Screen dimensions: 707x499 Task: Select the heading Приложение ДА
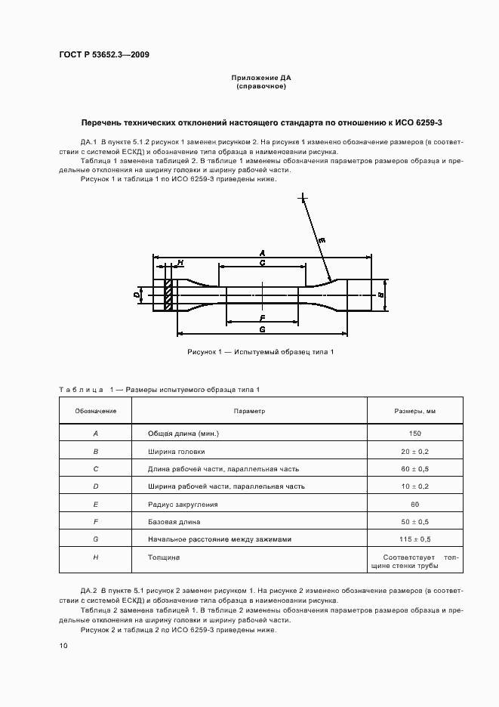click(260, 78)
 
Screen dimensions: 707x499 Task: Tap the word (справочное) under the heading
click(260, 87)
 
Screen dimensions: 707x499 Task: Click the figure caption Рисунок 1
click(260, 352)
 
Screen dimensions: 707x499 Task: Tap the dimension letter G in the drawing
click(261, 329)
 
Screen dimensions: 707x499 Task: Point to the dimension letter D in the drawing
click(137, 295)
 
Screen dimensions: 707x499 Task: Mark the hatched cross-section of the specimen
click(170, 295)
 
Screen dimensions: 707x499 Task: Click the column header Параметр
click(249, 411)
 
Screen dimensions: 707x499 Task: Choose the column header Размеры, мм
click(415, 411)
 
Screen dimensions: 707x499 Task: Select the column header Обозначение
click(96, 411)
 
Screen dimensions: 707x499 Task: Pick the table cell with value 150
click(415, 434)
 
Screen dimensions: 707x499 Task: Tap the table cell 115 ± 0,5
click(415, 539)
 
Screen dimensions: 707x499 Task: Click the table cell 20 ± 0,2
click(415, 451)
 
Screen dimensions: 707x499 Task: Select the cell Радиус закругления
click(183, 504)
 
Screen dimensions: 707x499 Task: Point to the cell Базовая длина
click(174, 521)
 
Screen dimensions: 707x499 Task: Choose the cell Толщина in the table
click(164, 557)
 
